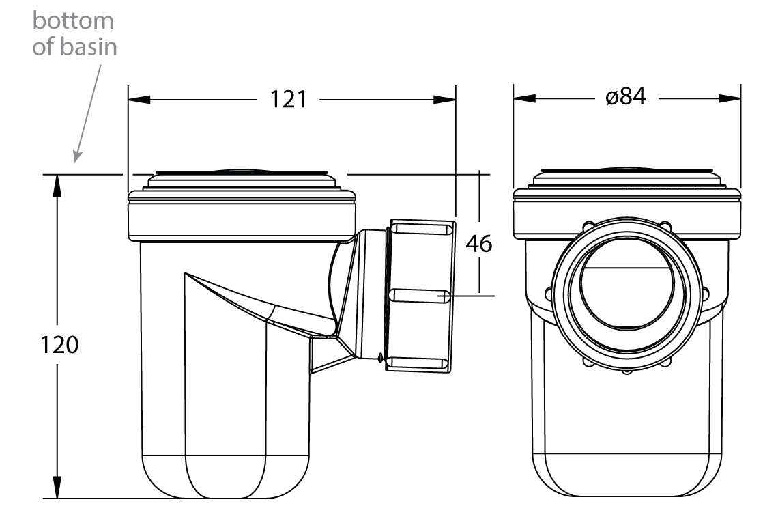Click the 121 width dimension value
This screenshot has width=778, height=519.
click(x=287, y=100)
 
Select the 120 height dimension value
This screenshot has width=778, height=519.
click(x=60, y=346)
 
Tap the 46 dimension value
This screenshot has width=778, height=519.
click(x=480, y=244)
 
